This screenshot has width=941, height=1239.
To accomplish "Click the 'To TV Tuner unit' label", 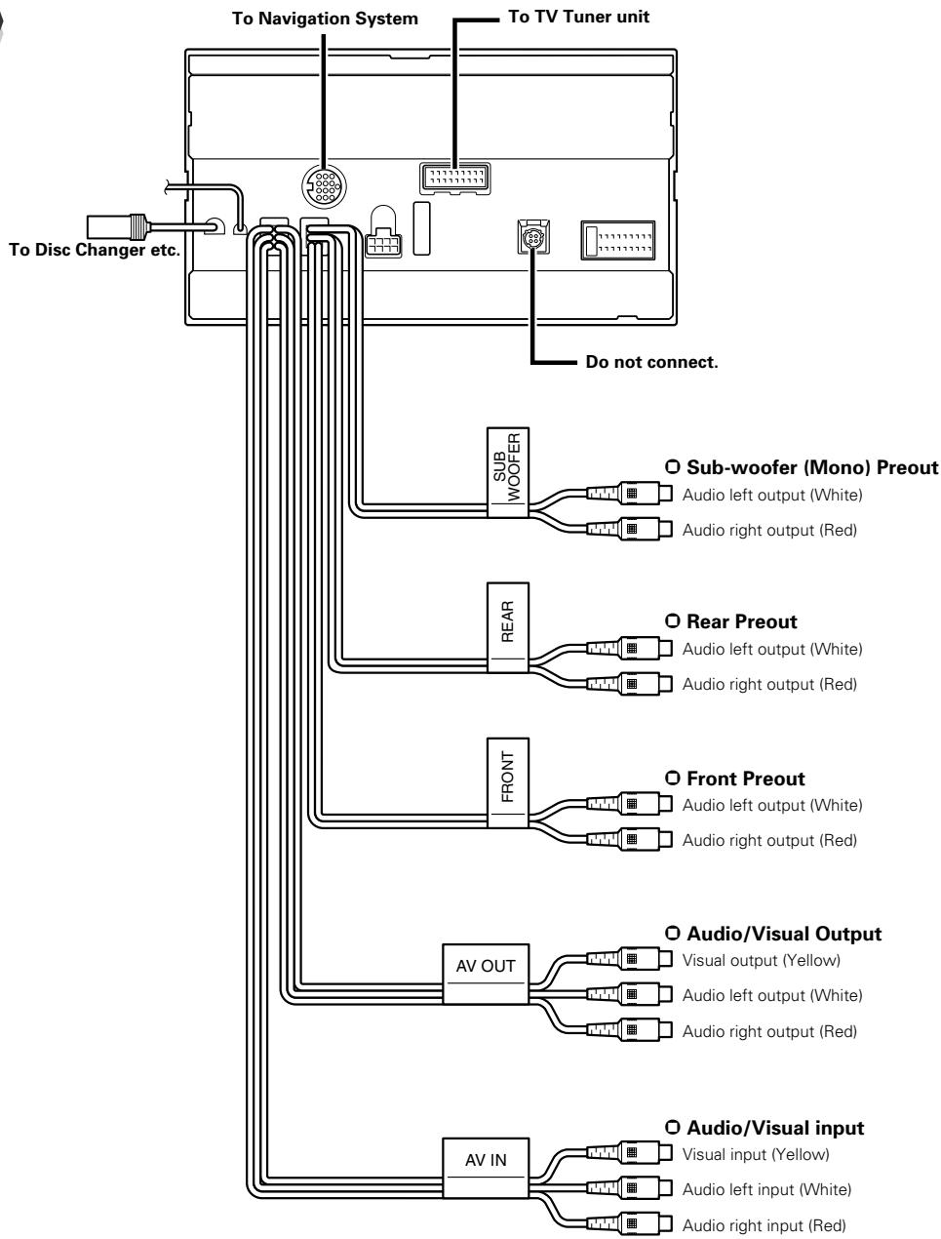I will [579, 18].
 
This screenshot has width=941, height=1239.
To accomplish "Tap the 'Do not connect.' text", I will [651, 363].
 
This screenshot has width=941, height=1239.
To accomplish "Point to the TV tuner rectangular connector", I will [452, 179].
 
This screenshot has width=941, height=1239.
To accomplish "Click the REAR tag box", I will [507, 626].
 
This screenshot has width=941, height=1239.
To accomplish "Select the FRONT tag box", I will [507, 782].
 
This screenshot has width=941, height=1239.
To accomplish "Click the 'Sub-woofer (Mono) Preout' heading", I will [808, 467].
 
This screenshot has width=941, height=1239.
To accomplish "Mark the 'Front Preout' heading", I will [745, 779].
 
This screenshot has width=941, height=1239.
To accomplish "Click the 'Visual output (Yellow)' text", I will [761, 960].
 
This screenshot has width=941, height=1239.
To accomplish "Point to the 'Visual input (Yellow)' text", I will [756, 1154].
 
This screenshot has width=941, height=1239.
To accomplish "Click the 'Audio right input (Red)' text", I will [763, 1225].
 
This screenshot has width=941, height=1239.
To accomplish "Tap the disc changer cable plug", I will [116, 226].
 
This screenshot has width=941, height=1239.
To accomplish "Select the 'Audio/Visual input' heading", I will [774, 1128].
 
